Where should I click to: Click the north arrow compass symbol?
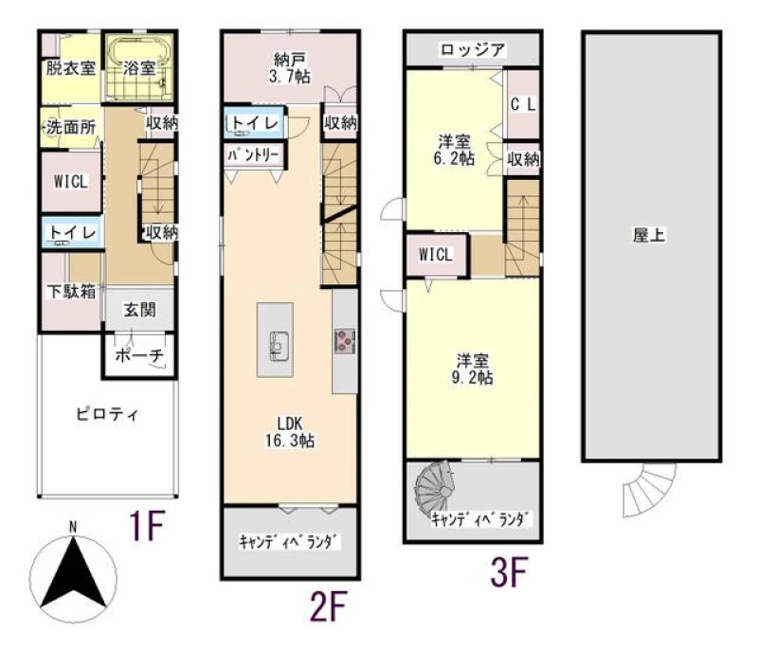(x=73, y=575)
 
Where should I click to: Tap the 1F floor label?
(x=147, y=526)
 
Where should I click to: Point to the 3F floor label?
(x=509, y=572)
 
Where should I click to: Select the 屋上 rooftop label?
(x=649, y=235)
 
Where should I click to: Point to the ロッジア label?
(x=472, y=50)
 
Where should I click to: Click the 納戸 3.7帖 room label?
(x=290, y=68)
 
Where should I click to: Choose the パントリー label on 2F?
(x=253, y=155)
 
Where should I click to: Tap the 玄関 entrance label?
(x=139, y=310)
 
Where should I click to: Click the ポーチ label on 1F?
(x=139, y=355)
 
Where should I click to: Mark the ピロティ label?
(x=107, y=415)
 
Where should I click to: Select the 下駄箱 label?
(x=71, y=292)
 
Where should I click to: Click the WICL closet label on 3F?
(x=436, y=254)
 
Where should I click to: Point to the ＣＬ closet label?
(x=523, y=105)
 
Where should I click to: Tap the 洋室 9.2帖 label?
(x=472, y=369)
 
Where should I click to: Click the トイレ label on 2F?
(x=255, y=123)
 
